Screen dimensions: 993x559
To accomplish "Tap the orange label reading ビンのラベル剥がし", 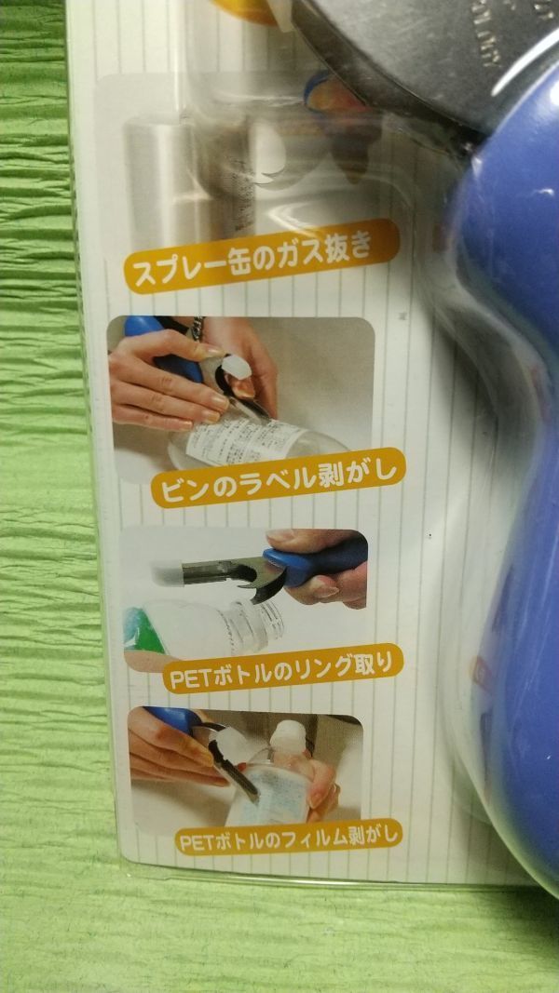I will click(279, 482).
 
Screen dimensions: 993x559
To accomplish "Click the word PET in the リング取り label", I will click(185, 678).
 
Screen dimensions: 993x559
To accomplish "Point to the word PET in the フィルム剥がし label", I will click(198, 840).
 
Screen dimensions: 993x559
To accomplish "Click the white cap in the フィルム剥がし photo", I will click(289, 735).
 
